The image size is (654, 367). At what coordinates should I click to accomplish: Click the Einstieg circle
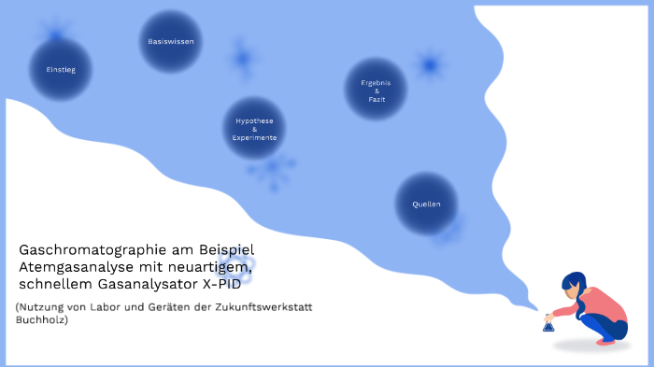[x=61, y=70]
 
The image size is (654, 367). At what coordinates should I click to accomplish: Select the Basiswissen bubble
[x=171, y=42]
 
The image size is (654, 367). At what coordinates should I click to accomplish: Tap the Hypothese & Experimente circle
[x=255, y=129]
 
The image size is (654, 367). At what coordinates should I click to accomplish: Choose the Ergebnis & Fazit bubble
[x=376, y=90]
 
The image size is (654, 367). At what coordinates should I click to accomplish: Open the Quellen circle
[x=426, y=204]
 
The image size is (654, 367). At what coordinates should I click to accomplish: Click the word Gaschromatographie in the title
[x=90, y=250]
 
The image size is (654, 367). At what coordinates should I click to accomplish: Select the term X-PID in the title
[x=238, y=283]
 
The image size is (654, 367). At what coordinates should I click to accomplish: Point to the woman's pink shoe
[x=606, y=342]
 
